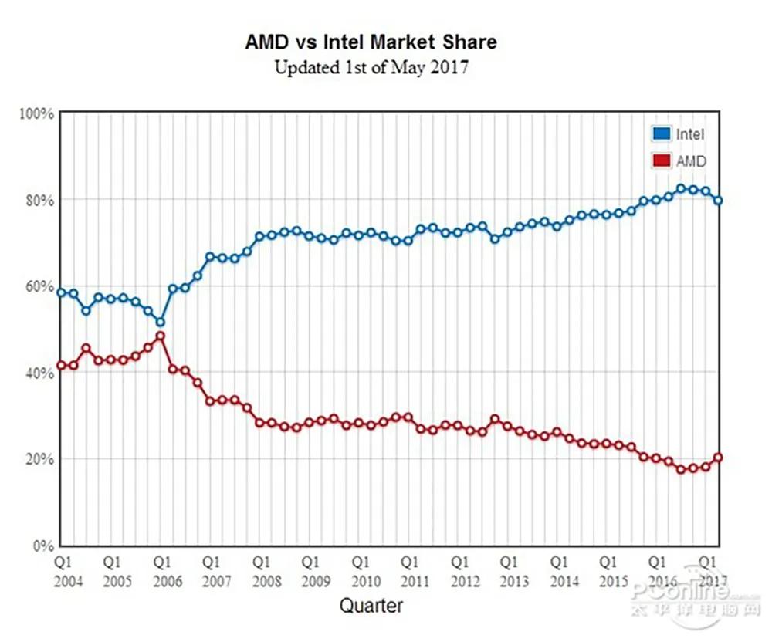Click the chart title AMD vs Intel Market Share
(x=371, y=42)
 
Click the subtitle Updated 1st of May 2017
(x=371, y=67)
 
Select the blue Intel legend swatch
(x=661, y=134)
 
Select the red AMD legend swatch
(x=661, y=161)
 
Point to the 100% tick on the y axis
(x=36, y=113)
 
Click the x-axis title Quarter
(x=371, y=606)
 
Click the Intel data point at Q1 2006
(x=161, y=322)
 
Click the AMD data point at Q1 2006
(x=161, y=336)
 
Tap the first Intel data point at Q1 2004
(x=62, y=292)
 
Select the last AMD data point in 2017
(x=718, y=458)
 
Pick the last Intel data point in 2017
(x=718, y=201)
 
